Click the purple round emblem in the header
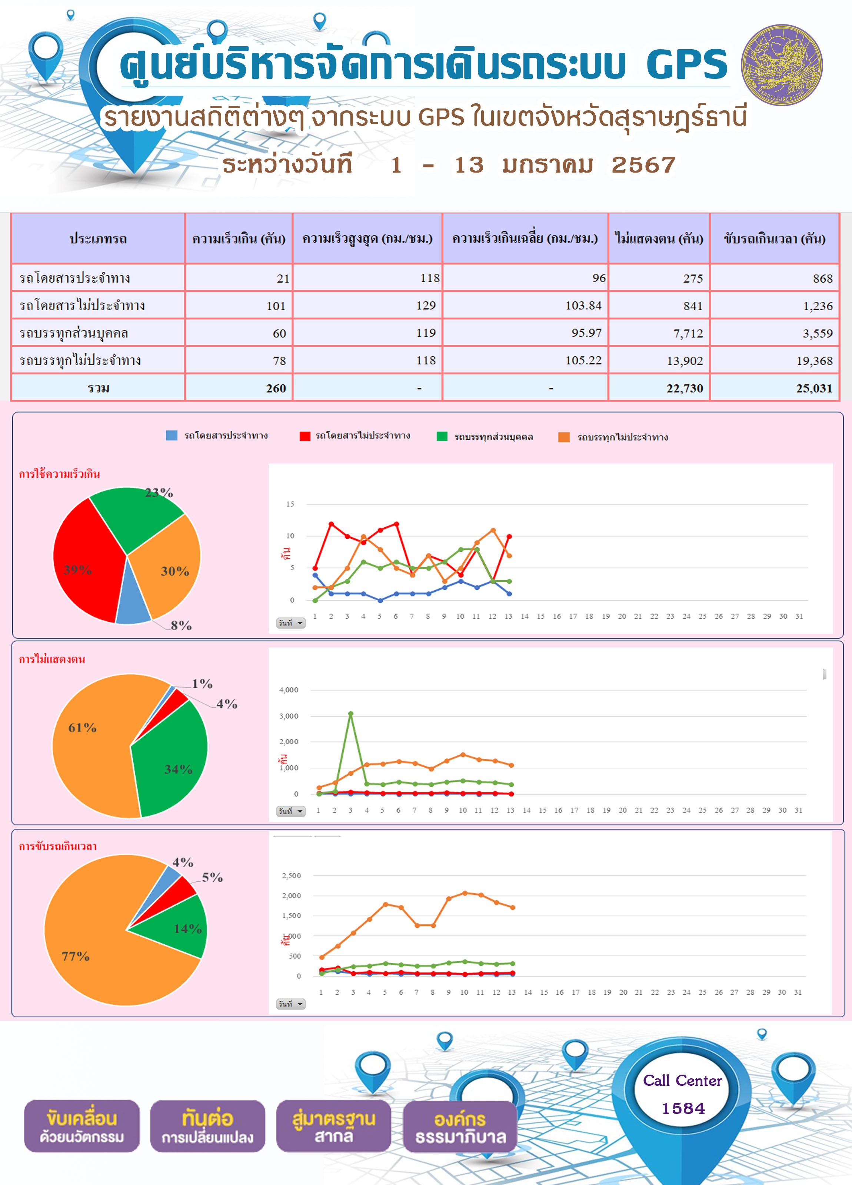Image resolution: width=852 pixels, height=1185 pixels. click(782, 65)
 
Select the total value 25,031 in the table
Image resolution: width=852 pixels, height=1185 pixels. click(814, 388)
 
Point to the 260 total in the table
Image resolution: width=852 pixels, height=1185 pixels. click(276, 388)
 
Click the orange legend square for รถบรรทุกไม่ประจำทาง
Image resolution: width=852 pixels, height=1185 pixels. click(564, 437)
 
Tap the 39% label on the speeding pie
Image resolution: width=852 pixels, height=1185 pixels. click(77, 570)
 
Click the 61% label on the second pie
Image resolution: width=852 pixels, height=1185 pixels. click(83, 727)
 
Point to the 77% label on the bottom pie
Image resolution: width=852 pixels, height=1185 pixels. click(76, 956)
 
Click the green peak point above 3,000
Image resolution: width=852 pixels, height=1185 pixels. click(351, 713)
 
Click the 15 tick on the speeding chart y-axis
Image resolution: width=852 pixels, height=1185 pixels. click(290, 504)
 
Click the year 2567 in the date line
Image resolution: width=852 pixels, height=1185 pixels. click(643, 165)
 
